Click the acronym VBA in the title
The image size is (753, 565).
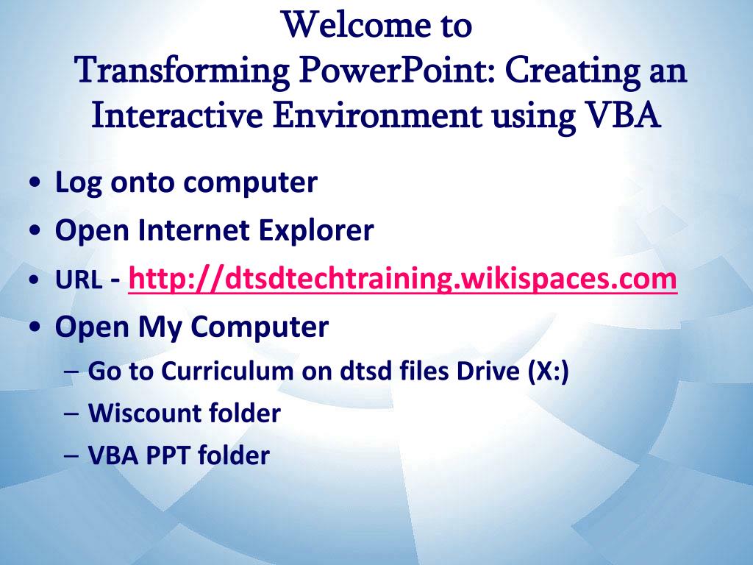click(x=623, y=116)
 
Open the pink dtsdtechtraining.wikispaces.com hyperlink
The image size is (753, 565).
click(x=402, y=280)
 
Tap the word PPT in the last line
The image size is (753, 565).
click(x=165, y=456)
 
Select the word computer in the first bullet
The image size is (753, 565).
click(x=250, y=183)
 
